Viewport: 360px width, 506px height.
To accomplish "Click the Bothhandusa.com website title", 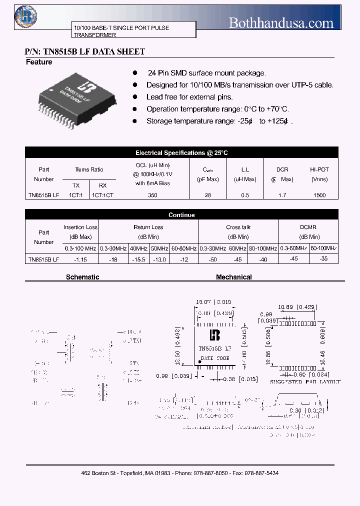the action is (280, 22).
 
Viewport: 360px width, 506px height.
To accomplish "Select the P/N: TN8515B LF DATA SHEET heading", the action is (85, 51).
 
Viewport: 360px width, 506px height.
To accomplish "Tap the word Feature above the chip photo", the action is (39, 62).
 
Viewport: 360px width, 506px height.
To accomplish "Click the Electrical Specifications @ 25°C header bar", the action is (181, 153).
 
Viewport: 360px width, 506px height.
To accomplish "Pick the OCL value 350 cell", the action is (153, 195).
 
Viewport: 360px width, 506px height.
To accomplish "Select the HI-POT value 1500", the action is (319, 195).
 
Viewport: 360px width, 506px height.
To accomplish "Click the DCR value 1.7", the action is (282, 195).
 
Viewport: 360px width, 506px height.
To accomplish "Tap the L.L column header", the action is (245, 169).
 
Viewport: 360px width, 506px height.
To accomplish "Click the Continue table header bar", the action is (181, 215).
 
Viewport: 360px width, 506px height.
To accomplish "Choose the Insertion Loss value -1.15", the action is (80, 259).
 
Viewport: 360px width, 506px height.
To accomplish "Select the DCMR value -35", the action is (323, 258).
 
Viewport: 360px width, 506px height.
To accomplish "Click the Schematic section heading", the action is (82, 277).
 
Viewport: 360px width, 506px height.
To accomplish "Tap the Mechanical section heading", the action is (233, 277).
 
